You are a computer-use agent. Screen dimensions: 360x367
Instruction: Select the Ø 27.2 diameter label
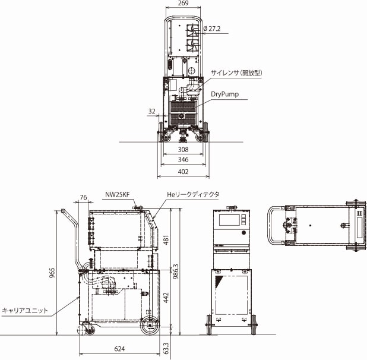tap(213, 29)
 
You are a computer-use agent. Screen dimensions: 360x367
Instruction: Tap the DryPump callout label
tap(225, 94)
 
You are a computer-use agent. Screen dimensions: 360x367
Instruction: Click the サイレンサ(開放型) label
tap(236, 72)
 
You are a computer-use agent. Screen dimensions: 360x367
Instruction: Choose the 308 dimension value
tap(183, 150)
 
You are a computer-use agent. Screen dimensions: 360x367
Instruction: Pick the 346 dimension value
tap(183, 160)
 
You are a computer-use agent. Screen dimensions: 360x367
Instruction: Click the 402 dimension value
tap(183, 172)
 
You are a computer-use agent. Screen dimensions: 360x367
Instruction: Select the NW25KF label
tap(118, 194)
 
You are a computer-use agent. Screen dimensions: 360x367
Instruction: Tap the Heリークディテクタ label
tap(193, 194)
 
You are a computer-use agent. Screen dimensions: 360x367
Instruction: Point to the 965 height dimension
tap(52, 273)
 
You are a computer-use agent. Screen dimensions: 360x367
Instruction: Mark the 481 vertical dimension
tap(166, 239)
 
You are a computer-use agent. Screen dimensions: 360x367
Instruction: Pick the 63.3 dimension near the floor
tap(166, 346)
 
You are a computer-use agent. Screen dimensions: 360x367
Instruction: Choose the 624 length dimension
tap(119, 349)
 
